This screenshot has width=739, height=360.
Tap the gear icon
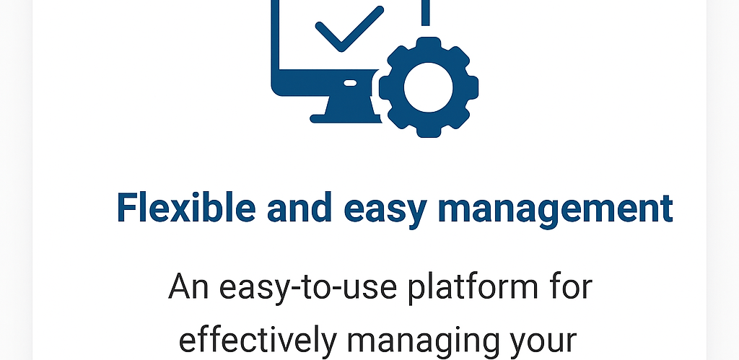click(428, 87)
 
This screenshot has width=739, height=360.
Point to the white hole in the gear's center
click(428, 87)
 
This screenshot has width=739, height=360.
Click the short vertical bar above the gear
click(426, 10)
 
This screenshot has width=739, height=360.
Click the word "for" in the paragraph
click(569, 287)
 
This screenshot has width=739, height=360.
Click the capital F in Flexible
click(127, 208)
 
